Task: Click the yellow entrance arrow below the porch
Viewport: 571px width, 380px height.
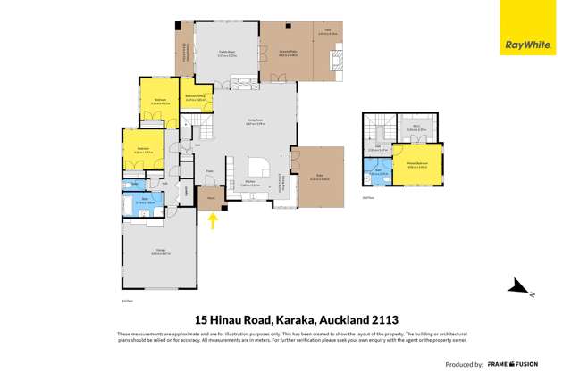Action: coord(213,220)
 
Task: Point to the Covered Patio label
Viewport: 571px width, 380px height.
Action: coord(289,54)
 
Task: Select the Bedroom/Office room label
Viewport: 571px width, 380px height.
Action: coord(196,97)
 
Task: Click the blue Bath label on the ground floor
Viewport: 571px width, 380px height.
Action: coord(144,202)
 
